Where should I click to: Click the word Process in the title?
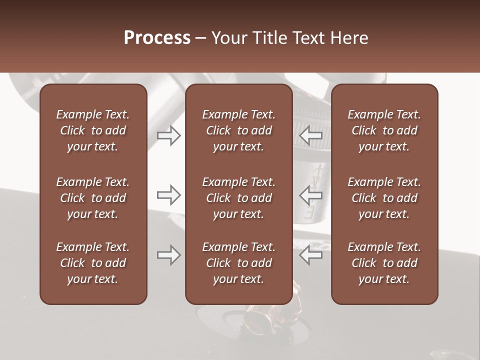pyautogui.click(x=157, y=38)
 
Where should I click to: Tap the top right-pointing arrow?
pyautogui.click(x=169, y=135)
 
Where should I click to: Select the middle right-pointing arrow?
pyautogui.click(x=169, y=195)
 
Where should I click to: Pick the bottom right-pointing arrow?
pyautogui.click(x=169, y=255)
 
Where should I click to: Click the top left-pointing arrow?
pyautogui.click(x=311, y=135)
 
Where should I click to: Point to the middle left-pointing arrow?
pyautogui.click(x=311, y=195)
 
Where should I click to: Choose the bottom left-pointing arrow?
pyautogui.click(x=311, y=255)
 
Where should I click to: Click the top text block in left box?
pyautogui.click(x=93, y=130)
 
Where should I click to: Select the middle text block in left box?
pyautogui.click(x=93, y=198)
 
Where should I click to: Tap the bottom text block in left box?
pyautogui.click(x=93, y=263)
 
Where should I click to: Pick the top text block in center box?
pyautogui.click(x=238, y=130)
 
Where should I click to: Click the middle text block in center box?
pyautogui.click(x=238, y=198)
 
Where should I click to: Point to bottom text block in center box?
pyautogui.click(x=238, y=263)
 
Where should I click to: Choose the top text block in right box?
pyautogui.click(x=384, y=130)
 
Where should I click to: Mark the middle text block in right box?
pyautogui.click(x=384, y=198)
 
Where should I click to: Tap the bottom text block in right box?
pyautogui.click(x=384, y=263)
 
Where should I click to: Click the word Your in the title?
pyautogui.click(x=227, y=38)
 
